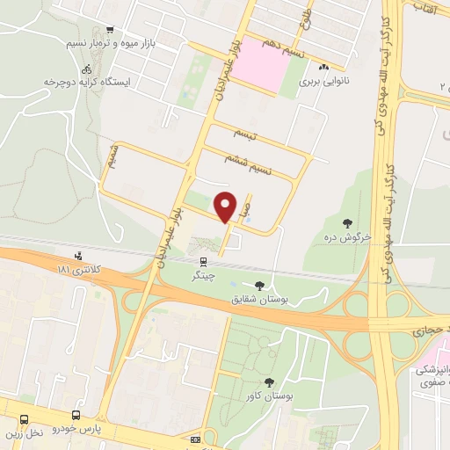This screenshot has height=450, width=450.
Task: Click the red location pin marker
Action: [227, 206]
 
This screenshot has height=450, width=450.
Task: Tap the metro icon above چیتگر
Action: [204, 261]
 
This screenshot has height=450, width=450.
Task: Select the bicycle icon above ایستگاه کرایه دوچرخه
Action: [86, 69]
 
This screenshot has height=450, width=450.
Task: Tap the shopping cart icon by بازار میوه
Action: [109, 30]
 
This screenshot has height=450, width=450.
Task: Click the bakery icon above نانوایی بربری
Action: [323, 67]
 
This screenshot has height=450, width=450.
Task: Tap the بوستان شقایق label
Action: [259, 299]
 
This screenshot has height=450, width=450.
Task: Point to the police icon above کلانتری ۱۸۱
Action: [79, 256]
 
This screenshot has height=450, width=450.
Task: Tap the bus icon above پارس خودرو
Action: [76, 414]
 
